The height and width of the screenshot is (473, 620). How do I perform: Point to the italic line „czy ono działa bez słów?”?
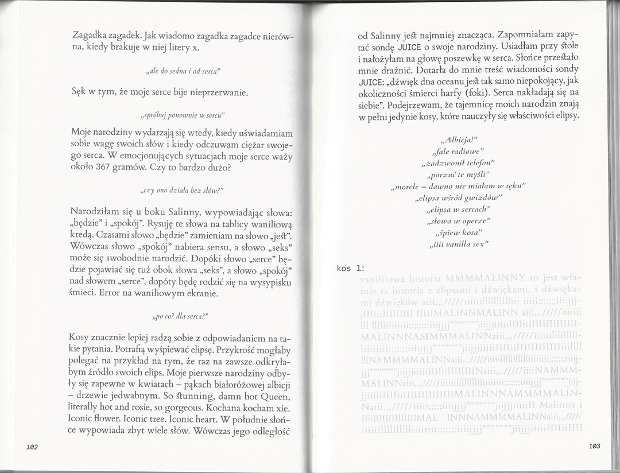pyautogui.click(x=181, y=189)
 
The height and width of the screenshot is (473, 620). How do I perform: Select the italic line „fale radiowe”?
pyautogui.click(x=459, y=152)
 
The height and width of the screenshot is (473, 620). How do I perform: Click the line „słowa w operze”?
pyautogui.click(x=459, y=220)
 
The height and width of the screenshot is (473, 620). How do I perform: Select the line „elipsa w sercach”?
pyautogui.click(x=459, y=209)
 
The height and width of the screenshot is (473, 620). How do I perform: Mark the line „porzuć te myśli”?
pyautogui.click(x=459, y=175)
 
